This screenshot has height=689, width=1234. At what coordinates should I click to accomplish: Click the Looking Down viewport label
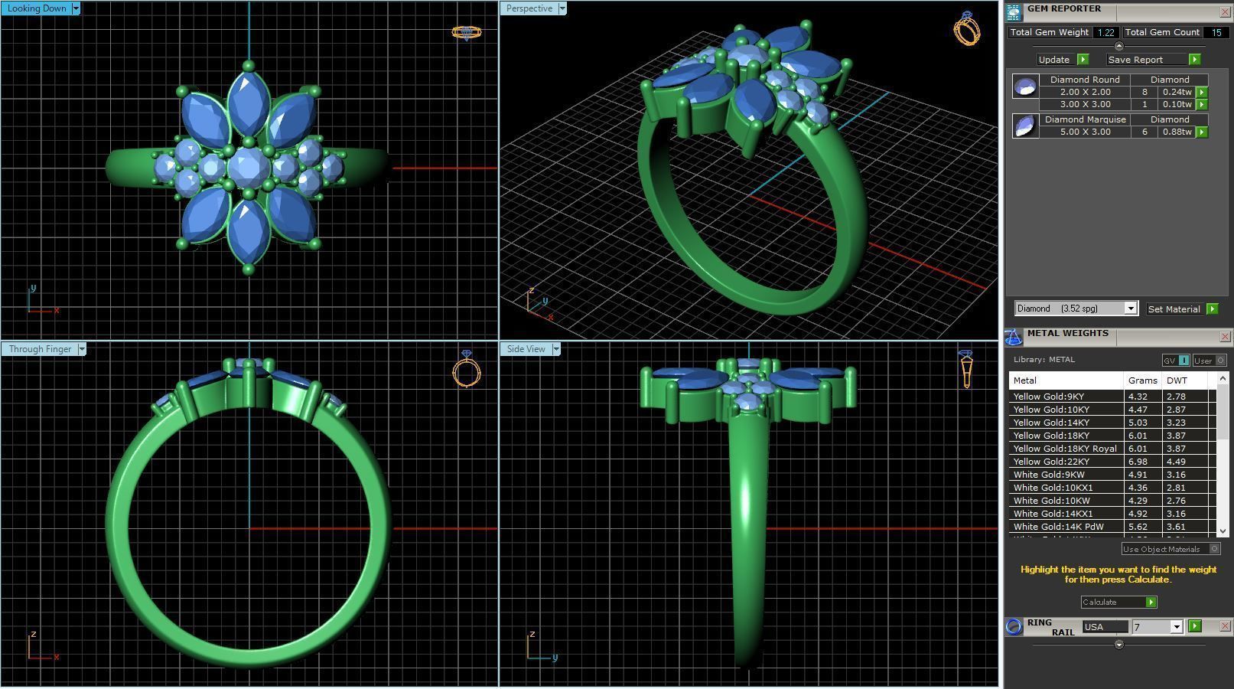coord(36,8)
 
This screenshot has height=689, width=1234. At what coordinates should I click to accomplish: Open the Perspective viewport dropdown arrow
coord(562,8)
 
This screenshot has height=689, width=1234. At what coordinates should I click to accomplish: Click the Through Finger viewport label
coord(40,349)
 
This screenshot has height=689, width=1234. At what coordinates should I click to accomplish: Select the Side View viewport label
coord(526,349)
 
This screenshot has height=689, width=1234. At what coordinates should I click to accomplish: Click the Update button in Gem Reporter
coord(1054,60)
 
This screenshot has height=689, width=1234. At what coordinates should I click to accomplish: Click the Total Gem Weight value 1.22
coord(1105,32)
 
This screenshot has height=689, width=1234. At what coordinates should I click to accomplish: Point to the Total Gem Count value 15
coord(1216,32)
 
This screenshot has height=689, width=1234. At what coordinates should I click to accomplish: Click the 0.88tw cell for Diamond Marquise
coord(1177,132)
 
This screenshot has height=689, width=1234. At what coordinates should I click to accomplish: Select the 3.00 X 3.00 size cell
coord(1085,104)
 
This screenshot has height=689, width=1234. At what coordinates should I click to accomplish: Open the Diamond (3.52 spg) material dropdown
coord(1130,309)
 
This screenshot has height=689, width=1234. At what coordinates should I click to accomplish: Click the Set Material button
coord(1174,309)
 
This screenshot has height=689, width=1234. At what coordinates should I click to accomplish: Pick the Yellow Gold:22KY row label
coord(1051,462)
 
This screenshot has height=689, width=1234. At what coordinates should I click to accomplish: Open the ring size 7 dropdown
coord(1177,627)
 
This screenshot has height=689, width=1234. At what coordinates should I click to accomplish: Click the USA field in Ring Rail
coord(1105,627)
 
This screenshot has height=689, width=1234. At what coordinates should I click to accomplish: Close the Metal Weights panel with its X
coord(1225,336)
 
